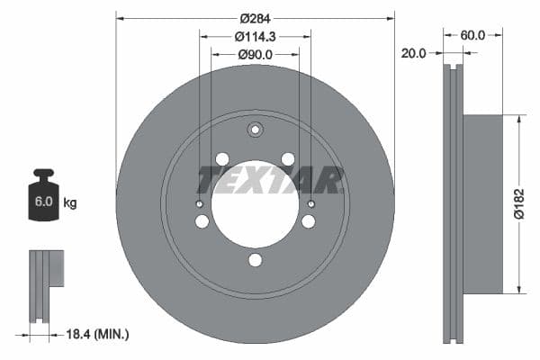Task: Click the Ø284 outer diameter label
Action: click(255, 17)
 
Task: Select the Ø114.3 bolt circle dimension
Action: click(255, 37)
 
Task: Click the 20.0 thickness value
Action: click(415, 53)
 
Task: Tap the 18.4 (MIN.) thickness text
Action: click(99, 334)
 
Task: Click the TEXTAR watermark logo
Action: click(270, 180)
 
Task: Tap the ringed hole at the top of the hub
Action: click(255, 129)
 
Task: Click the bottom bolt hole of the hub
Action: click(255, 260)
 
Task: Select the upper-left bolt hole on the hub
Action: click(222, 159)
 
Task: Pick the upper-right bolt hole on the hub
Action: click(288, 159)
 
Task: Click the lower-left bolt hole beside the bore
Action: click(202, 221)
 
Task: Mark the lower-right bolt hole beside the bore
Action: click(308, 221)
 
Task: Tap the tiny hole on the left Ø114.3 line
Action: click(200, 204)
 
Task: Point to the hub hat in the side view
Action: click(482, 203)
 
